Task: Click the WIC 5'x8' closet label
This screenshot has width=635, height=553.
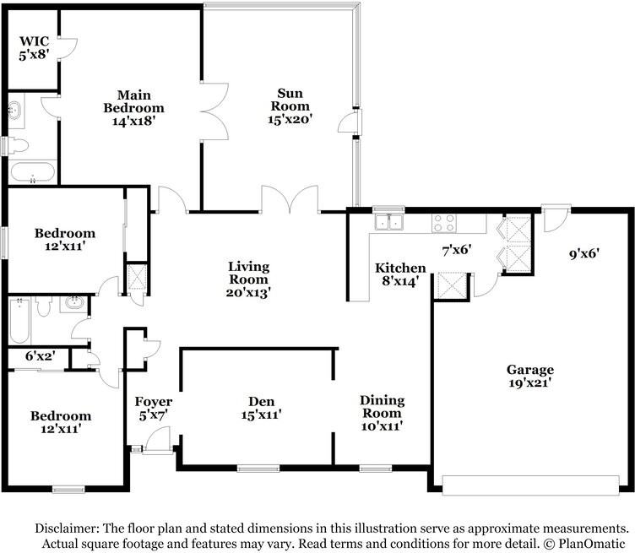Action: pyautogui.click(x=34, y=48)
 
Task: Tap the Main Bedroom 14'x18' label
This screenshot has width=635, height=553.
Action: pyautogui.click(x=133, y=108)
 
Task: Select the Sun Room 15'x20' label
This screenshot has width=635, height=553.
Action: pyautogui.click(x=290, y=106)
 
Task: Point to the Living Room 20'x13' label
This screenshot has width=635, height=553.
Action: pyautogui.click(x=248, y=279)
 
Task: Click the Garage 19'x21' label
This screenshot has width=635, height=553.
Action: pyautogui.click(x=530, y=376)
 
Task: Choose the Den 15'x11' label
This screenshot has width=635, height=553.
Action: pyautogui.click(x=261, y=408)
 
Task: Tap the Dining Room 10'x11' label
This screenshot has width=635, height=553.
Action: pyautogui.click(x=382, y=413)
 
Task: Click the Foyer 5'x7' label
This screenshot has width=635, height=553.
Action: pyautogui.click(x=154, y=408)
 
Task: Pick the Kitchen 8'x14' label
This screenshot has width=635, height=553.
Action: pyautogui.click(x=400, y=274)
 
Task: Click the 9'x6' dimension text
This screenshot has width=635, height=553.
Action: pyautogui.click(x=584, y=254)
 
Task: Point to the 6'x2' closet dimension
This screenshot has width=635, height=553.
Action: pyautogui.click(x=40, y=355)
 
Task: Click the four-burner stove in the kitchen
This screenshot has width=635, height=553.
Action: pyautogui.click(x=444, y=223)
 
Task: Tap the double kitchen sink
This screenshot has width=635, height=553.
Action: pyautogui.click(x=388, y=222)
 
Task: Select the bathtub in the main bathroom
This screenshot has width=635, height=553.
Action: pyautogui.click(x=32, y=172)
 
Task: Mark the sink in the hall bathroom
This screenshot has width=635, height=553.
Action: pyautogui.click(x=73, y=304)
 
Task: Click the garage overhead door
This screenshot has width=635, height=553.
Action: pyautogui.click(x=530, y=485)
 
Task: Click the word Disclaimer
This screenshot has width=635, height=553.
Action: pyautogui.click(x=67, y=529)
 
